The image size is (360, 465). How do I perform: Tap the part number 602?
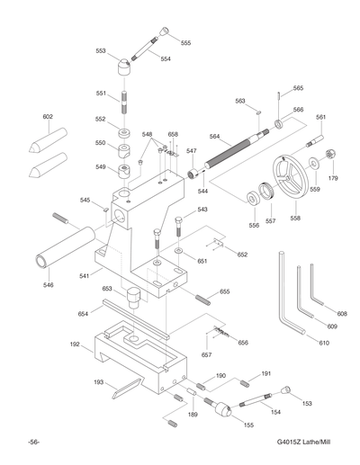(x=48, y=117)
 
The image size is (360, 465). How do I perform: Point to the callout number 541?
(x=85, y=276)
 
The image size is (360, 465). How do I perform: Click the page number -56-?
(x=32, y=443)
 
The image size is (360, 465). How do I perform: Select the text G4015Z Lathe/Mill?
(x=306, y=443)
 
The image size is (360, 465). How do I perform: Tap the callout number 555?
(x=185, y=42)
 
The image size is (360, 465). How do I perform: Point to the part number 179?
(x=332, y=178)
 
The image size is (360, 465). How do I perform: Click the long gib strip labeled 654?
(x=135, y=316)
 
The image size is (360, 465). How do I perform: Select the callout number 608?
(x=342, y=314)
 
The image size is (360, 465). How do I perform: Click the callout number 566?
(x=298, y=110)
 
